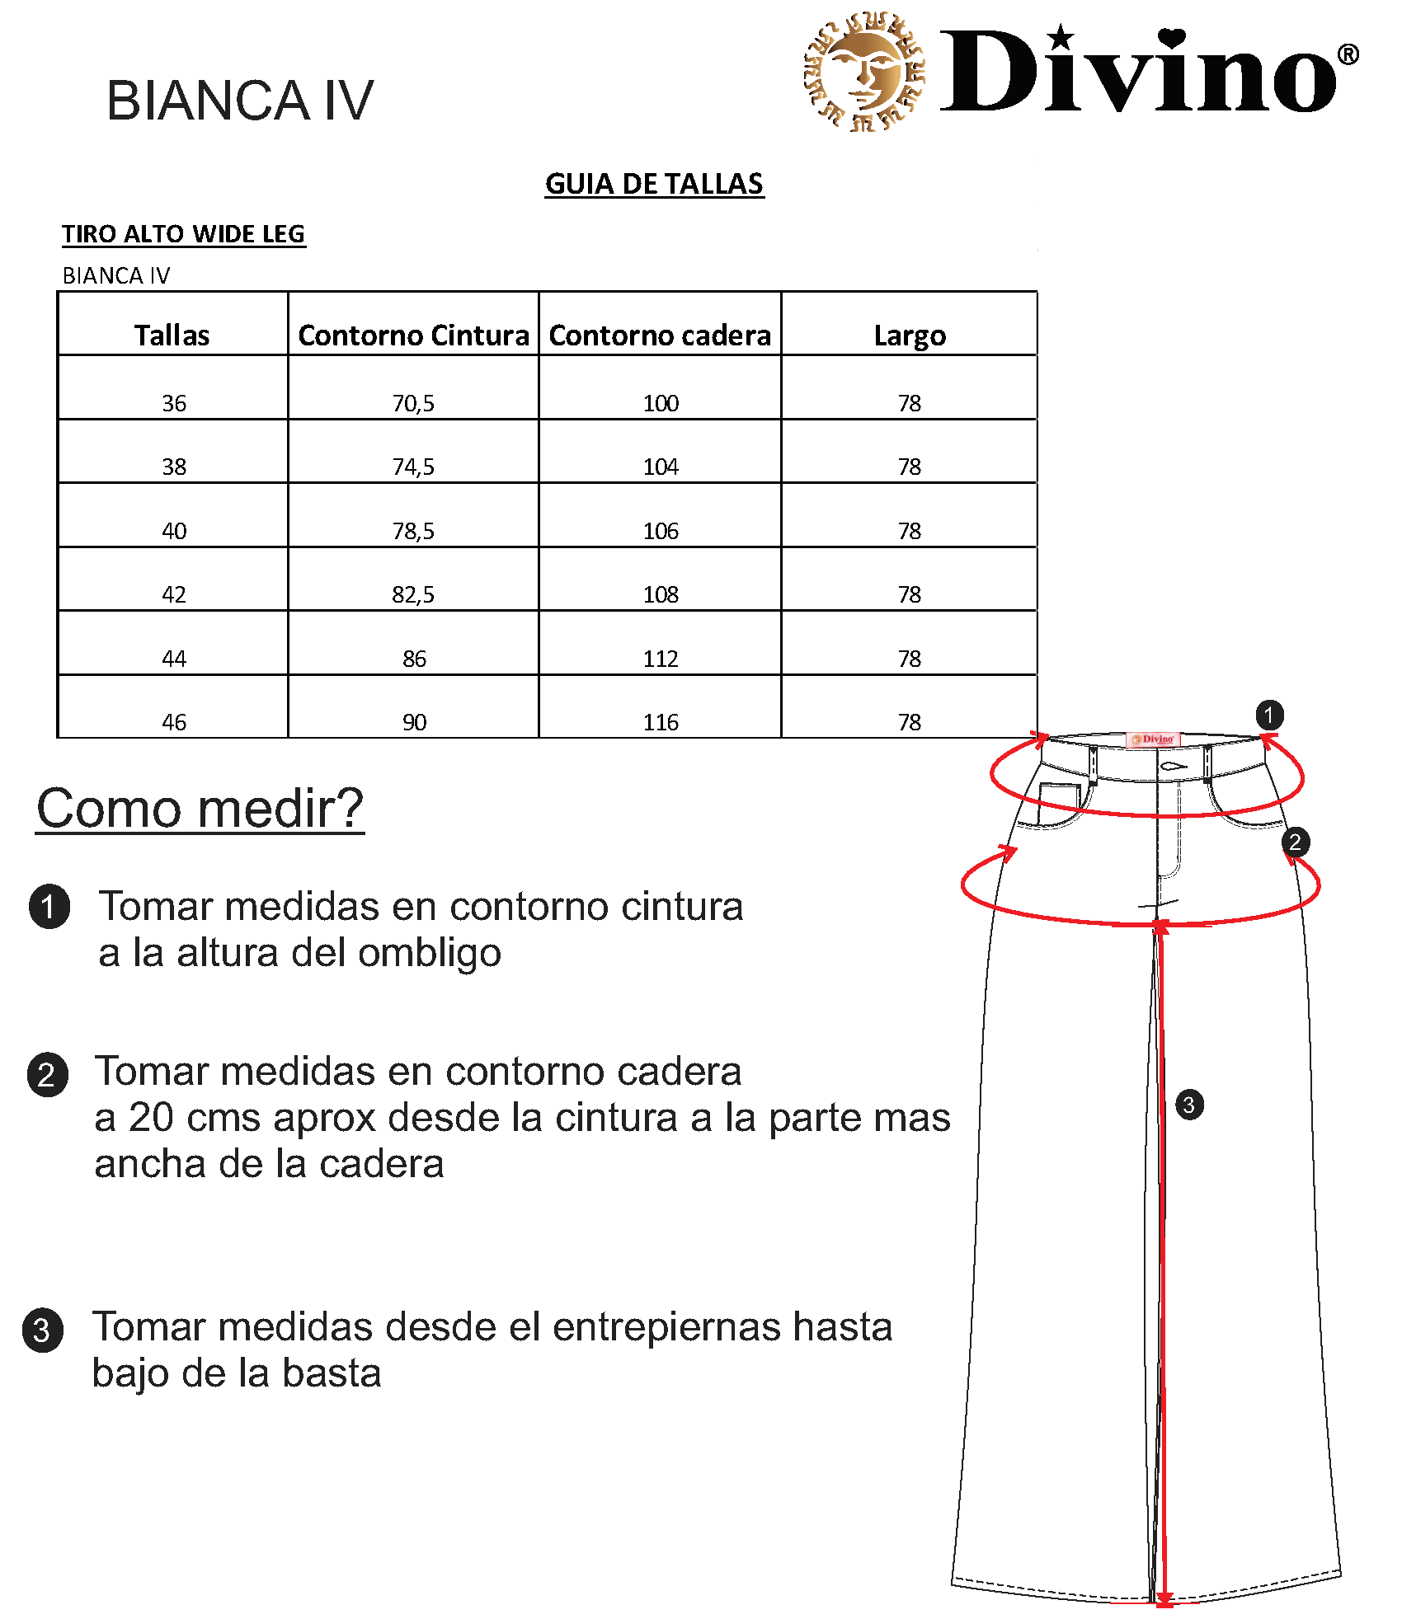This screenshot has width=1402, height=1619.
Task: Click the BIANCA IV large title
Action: (240, 101)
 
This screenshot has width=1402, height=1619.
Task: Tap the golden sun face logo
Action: (864, 72)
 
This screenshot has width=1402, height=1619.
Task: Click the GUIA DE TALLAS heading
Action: (654, 184)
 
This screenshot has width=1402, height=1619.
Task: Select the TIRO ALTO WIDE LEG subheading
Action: (183, 234)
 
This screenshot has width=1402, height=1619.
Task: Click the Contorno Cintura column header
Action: (413, 336)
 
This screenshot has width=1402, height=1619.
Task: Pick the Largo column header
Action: (910, 336)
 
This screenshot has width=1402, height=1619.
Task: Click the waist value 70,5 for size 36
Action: (413, 403)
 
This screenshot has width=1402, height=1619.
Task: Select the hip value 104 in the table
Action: (661, 467)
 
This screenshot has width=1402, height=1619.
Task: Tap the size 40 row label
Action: (174, 531)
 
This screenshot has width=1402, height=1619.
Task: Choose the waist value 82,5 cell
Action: (413, 594)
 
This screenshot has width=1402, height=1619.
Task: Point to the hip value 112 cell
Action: (661, 659)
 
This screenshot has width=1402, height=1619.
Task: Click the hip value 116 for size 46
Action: (661, 722)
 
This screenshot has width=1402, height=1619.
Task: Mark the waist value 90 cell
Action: (414, 722)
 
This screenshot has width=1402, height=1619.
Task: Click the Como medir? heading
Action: (200, 808)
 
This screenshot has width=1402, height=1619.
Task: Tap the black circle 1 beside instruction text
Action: (49, 907)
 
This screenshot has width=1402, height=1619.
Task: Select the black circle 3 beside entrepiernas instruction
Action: (42, 1330)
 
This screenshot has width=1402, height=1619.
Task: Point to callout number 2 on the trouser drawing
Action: (1295, 842)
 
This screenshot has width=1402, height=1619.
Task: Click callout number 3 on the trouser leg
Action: (1188, 1105)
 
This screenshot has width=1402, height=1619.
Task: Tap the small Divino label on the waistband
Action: (1153, 739)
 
